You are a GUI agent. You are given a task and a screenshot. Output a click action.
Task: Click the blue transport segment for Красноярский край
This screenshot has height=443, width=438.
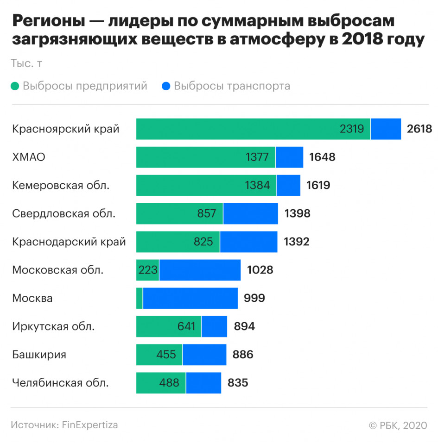[x=386, y=129]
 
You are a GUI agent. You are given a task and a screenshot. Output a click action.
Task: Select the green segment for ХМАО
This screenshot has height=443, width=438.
[x=205, y=157]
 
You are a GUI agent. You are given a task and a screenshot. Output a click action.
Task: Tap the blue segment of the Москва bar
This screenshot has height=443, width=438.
[x=190, y=298]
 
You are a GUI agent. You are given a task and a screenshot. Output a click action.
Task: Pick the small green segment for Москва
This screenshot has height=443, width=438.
[x=140, y=298]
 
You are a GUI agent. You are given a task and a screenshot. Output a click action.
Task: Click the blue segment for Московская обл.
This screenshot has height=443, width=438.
[x=200, y=270]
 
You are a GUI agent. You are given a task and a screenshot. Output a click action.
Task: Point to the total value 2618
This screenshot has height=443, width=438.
[x=419, y=129]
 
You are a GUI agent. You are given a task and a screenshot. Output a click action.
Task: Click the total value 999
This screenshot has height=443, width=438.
[x=254, y=298]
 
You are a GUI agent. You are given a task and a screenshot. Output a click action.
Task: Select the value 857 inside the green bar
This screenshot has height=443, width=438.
[x=207, y=213]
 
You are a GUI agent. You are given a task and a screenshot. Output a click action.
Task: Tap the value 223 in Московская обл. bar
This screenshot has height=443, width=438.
[x=148, y=270]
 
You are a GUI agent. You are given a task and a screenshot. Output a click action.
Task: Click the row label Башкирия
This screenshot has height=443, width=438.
[x=39, y=355]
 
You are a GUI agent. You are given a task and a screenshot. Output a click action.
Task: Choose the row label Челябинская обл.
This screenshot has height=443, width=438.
[x=61, y=383]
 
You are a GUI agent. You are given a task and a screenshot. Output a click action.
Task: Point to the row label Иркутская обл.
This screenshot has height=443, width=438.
[x=53, y=326]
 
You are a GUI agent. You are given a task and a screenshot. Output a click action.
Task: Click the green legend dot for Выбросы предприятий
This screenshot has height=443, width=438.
[x=15, y=86]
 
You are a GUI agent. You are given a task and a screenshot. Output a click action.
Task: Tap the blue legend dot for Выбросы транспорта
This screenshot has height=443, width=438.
[x=166, y=86]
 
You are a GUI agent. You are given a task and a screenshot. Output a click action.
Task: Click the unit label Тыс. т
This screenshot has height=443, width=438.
[x=26, y=64]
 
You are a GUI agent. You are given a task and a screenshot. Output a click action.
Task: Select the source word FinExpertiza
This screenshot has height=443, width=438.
[x=90, y=425]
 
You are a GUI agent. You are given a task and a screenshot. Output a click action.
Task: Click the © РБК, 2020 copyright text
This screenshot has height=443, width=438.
[x=398, y=425]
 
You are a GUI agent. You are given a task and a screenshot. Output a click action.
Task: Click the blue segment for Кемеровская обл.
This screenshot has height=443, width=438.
[x=288, y=185]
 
